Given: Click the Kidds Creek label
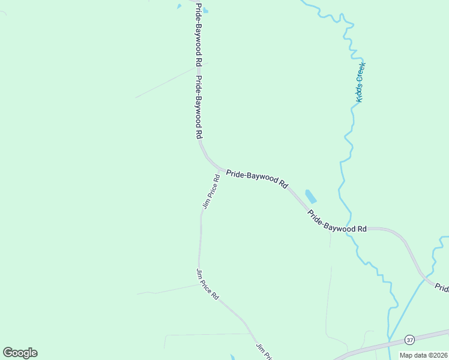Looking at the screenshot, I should [361, 82].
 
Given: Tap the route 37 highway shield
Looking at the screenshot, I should [409, 339].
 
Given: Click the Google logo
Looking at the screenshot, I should [20, 353].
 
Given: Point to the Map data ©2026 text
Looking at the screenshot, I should [423, 355].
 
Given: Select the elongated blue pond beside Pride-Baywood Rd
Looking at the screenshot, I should [311, 196].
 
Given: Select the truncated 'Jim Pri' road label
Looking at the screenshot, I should [264, 352].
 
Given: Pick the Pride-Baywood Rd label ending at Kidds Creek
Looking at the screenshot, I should [337, 221].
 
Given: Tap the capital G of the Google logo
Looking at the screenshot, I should [8, 353].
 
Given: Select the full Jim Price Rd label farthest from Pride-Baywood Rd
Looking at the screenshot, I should [208, 284].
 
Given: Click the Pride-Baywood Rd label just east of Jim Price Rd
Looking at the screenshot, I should [257, 179].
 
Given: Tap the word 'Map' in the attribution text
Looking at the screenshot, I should [406, 355].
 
